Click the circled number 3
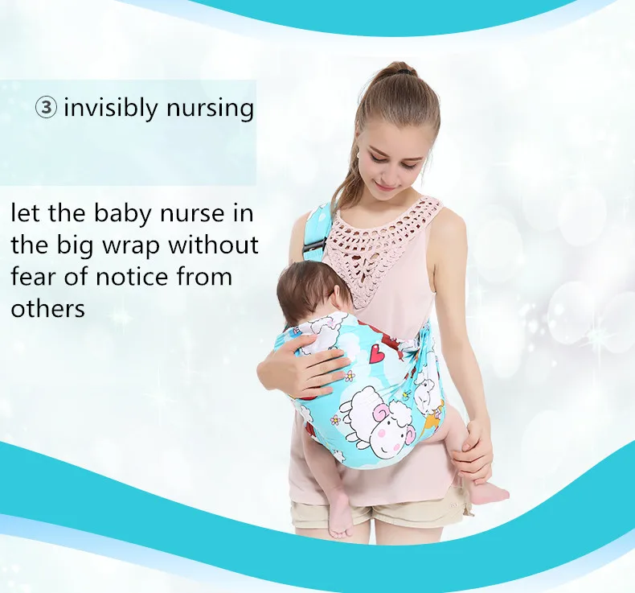click(46, 108)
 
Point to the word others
click(47, 309)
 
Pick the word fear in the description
click(33, 277)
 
